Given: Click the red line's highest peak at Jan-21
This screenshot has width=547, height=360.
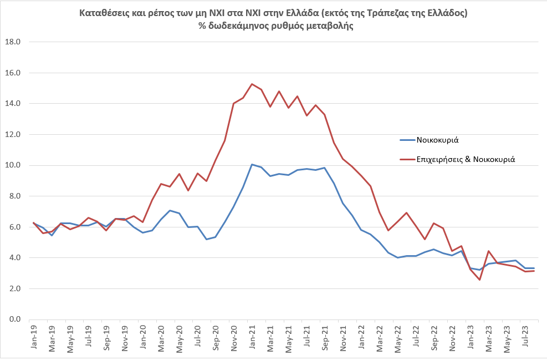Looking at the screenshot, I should tap(252, 84).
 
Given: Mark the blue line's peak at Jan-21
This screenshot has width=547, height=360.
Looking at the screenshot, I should tap(252, 164).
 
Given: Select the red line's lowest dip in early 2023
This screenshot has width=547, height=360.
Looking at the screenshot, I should tap(479, 280).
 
